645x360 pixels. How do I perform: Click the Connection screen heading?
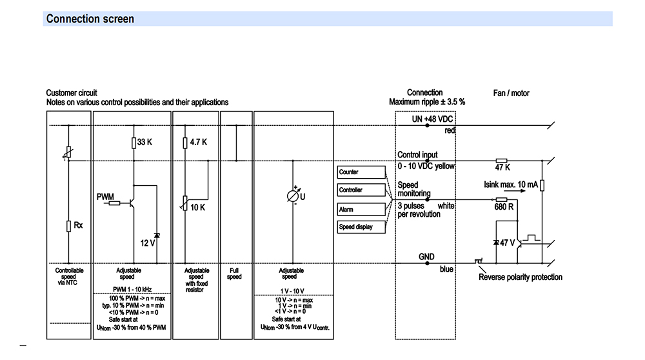tap(90, 19)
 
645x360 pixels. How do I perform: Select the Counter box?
tap(361, 172)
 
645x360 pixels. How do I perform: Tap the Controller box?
tap(361, 190)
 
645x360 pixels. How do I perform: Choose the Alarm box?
tap(361, 209)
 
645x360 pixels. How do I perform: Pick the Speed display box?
tap(361, 227)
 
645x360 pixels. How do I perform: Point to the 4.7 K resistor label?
tap(198, 143)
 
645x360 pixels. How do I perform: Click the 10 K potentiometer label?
tap(197, 207)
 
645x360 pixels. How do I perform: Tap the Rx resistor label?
tap(78, 225)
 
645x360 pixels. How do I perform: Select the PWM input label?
tap(105, 195)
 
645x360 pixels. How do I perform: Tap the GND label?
tap(427, 256)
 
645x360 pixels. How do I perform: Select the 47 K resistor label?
tap(503, 167)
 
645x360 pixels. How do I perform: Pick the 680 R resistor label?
tap(503, 207)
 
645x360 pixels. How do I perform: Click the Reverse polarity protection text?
tap(521, 277)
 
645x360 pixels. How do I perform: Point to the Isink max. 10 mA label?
tap(510, 185)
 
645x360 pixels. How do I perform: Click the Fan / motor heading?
tap(511, 94)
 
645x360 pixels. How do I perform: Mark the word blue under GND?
tap(446, 269)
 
